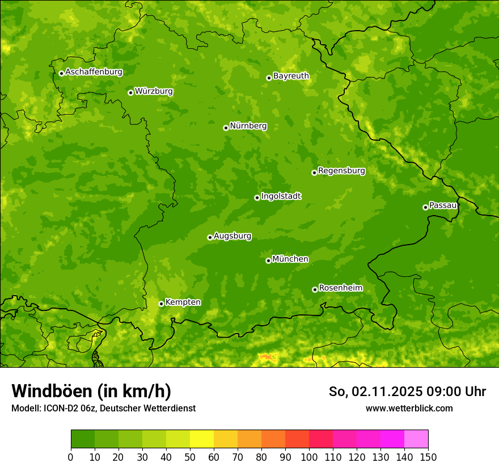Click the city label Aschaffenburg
click(x=94, y=72)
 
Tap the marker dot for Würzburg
click(x=130, y=92)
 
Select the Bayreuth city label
click(x=291, y=76)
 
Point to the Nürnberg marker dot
click(x=226, y=128)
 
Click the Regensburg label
click(x=341, y=171)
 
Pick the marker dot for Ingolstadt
click(x=257, y=197)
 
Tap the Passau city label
click(x=443, y=205)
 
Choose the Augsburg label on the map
click(x=232, y=236)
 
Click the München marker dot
click(x=268, y=260)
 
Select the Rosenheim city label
click(x=340, y=288)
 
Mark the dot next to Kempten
click(x=161, y=304)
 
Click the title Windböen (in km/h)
click(x=91, y=391)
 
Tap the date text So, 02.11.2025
click(x=375, y=392)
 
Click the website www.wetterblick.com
click(x=409, y=408)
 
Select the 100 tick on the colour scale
click(x=309, y=457)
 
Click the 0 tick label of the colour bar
click(x=71, y=457)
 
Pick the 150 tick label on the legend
click(x=428, y=457)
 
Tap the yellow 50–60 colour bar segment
click(x=202, y=439)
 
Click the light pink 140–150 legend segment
click(x=416, y=439)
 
